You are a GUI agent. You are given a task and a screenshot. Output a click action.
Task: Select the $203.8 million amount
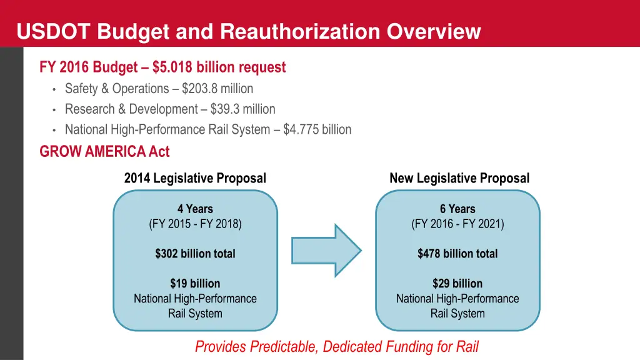[x=217, y=89]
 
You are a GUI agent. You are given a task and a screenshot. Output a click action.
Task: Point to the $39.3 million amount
[x=242, y=109]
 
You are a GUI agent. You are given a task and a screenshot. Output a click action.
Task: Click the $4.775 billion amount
[x=317, y=130]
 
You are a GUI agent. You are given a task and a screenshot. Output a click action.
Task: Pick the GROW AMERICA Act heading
[x=104, y=151]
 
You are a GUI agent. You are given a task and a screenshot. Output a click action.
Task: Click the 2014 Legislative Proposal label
[x=195, y=178]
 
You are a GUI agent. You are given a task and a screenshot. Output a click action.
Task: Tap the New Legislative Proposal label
[x=459, y=178]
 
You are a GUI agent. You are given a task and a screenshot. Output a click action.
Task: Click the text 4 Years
[x=195, y=209]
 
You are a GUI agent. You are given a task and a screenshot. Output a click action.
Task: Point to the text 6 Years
[x=457, y=209]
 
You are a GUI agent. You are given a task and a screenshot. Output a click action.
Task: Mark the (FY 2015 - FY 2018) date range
[x=195, y=224]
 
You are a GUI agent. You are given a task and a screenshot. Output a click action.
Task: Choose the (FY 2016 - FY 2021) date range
[x=457, y=224]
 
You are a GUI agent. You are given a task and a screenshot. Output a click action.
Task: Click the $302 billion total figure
[x=195, y=254]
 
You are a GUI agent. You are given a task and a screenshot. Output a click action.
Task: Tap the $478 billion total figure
[x=457, y=254]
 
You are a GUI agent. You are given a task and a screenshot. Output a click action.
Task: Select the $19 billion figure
[x=195, y=284]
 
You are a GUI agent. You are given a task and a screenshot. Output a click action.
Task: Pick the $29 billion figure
[x=457, y=284]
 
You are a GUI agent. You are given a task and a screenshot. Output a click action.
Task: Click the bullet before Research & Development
[x=55, y=110]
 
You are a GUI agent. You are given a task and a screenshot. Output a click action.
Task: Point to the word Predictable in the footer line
[x=286, y=346]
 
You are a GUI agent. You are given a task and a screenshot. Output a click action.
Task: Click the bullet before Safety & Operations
[x=55, y=89]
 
